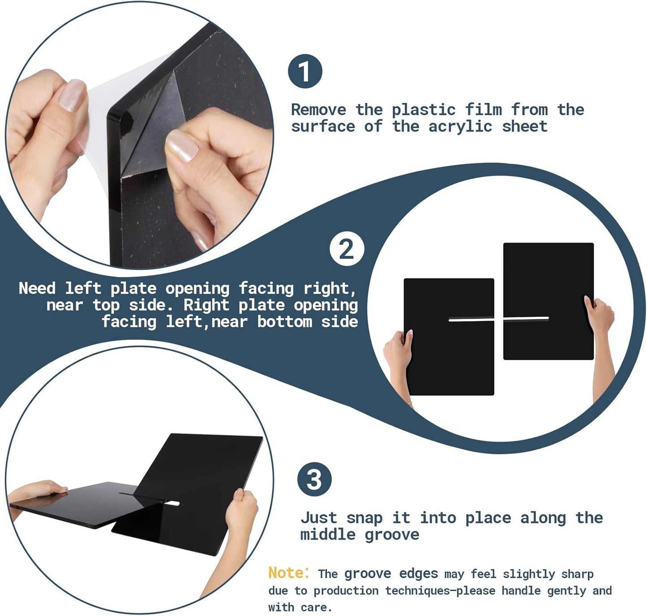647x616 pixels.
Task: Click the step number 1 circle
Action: pyautogui.click(x=305, y=71)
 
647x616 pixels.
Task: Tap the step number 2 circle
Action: pyautogui.click(x=347, y=249)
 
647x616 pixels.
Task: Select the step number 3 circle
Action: pyautogui.click(x=314, y=479)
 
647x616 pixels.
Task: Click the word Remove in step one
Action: pyautogui.click(x=318, y=110)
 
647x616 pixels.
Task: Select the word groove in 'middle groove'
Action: pyautogui.click(x=392, y=535)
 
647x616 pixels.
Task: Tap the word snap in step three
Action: pyautogui.click(x=364, y=518)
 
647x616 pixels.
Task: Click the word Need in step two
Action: pyautogui.click(x=37, y=288)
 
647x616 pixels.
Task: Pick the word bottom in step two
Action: pyautogui.click(x=285, y=322)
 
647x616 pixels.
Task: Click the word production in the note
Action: pyautogui.click(x=346, y=591)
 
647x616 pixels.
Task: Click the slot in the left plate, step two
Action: pyautogui.click(x=471, y=319)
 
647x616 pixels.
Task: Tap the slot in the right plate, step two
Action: pyautogui.click(x=526, y=318)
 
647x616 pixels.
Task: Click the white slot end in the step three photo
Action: pyautogui.click(x=173, y=503)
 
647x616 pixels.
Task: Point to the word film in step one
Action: pyautogui.click(x=483, y=110)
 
